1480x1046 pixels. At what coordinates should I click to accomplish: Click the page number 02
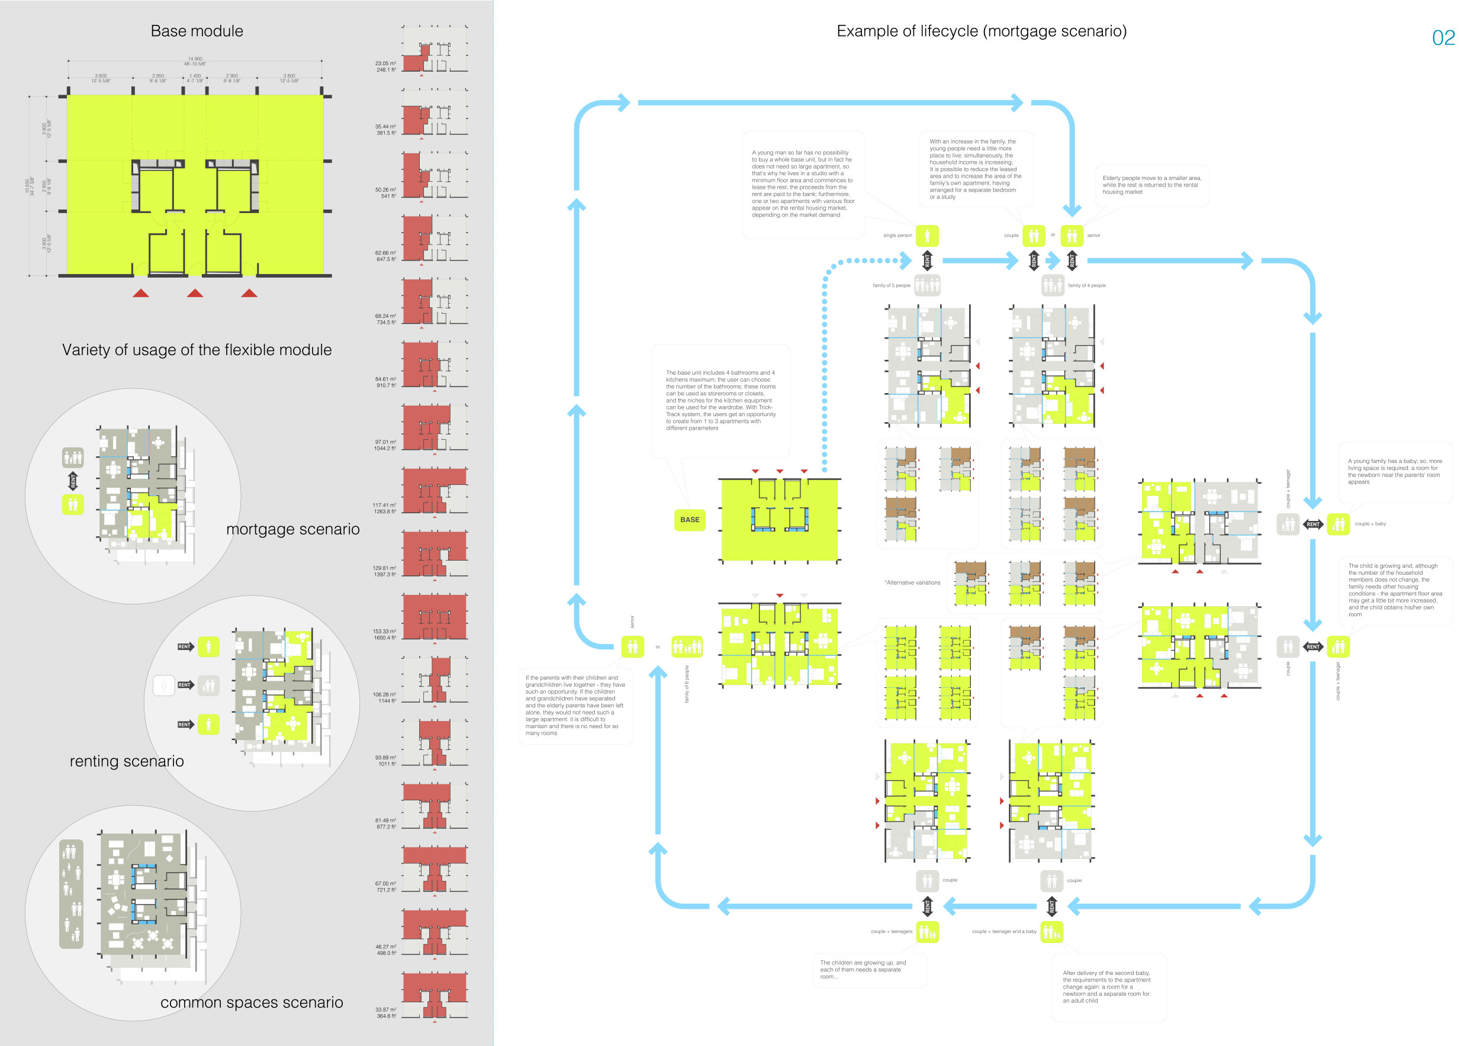1443,38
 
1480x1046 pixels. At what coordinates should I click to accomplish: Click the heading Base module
197,31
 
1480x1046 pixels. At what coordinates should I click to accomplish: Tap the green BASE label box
689,520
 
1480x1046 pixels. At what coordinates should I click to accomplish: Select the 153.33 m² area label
385,632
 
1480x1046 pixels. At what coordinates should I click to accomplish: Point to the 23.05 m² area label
385,64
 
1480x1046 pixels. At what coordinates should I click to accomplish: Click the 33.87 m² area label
385,1010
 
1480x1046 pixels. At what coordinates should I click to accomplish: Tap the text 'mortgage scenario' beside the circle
292,529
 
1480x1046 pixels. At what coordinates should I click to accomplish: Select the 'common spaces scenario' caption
252,1002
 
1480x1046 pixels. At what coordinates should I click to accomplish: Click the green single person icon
927,235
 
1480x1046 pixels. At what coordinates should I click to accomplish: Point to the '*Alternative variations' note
912,582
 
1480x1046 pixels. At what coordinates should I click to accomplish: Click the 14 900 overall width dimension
195,59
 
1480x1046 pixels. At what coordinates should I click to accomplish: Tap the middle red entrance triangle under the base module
195,293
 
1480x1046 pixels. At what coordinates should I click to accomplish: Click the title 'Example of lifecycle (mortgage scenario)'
981,31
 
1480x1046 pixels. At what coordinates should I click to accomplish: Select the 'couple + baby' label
1370,524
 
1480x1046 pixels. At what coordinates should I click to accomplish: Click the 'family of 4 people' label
1086,285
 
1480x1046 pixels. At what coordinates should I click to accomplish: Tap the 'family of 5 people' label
892,285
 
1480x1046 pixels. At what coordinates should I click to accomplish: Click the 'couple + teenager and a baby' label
1004,931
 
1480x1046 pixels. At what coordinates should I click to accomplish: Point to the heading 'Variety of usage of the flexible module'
197,350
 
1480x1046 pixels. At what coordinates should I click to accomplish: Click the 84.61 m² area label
385,379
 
